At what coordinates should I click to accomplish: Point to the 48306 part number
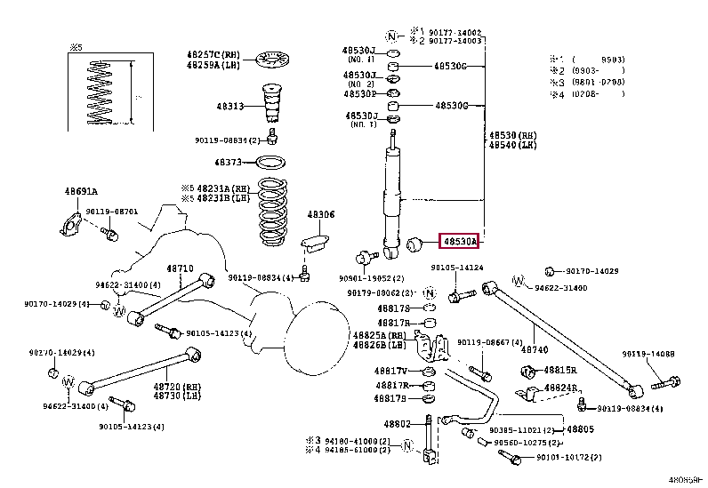pos(321,215)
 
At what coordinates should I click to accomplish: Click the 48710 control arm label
pos(181,268)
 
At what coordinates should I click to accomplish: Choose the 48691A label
pos(80,191)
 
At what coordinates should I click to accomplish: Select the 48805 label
pos(580,429)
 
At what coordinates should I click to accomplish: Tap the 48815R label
pos(560,370)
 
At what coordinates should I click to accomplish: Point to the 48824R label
pos(560,388)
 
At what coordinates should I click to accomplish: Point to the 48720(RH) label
pos(173,388)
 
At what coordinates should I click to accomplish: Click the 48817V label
pos(390,371)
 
